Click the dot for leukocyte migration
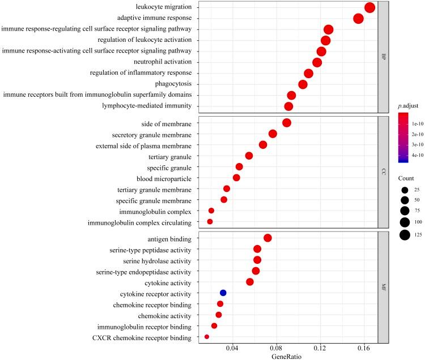click(x=370, y=7)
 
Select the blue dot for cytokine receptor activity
click(x=223, y=293)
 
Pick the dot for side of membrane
click(x=287, y=123)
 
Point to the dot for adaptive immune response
click(x=358, y=19)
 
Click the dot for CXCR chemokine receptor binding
click(x=207, y=337)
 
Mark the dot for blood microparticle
click(x=236, y=178)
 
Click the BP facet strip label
click(x=384, y=57)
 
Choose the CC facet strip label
click(x=384, y=172)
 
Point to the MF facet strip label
click(x=384, y=287)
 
